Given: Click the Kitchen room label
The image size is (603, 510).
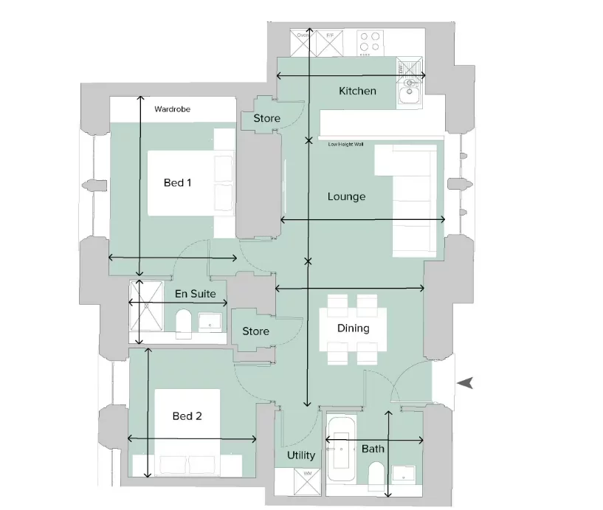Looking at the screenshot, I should pos(357,91).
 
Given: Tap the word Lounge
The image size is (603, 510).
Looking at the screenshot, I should pos(346,197).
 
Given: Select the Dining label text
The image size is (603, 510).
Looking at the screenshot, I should pos(353,328).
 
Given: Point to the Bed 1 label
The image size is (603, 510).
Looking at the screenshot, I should pos(178,182).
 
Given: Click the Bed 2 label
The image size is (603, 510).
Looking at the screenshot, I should pos(187,416).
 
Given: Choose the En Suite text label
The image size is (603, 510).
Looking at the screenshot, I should pos(195,294).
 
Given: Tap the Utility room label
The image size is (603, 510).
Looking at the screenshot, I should pos(301,455).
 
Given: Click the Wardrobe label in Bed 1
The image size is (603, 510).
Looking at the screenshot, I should pos(172,109).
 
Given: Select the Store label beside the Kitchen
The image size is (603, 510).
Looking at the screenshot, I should pos(266,118).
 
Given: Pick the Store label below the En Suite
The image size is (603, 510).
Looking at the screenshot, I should pos(255,331).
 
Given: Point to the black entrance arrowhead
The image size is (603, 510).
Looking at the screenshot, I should pos(465,382).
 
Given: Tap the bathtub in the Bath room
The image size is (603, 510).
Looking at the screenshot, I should pos(341,449).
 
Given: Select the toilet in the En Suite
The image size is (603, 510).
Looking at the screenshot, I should pos(184,323).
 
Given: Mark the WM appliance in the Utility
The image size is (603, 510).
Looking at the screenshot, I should pos(307,481).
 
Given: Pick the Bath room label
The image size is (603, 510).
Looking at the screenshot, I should pos(373,449).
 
